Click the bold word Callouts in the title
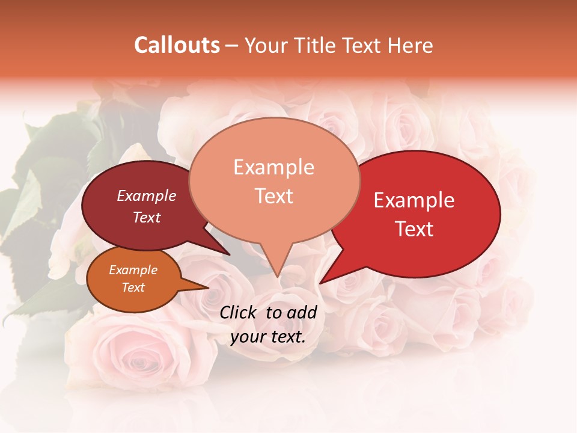[177, 45]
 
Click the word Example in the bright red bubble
[414, 200]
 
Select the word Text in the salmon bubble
[274, 196]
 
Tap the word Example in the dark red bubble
[147, 195]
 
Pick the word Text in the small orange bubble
[133, 287]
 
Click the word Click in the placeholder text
[239, 312]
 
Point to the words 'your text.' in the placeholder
[268, 337]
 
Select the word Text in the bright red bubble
[414, 229]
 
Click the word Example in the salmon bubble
[274, 167]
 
